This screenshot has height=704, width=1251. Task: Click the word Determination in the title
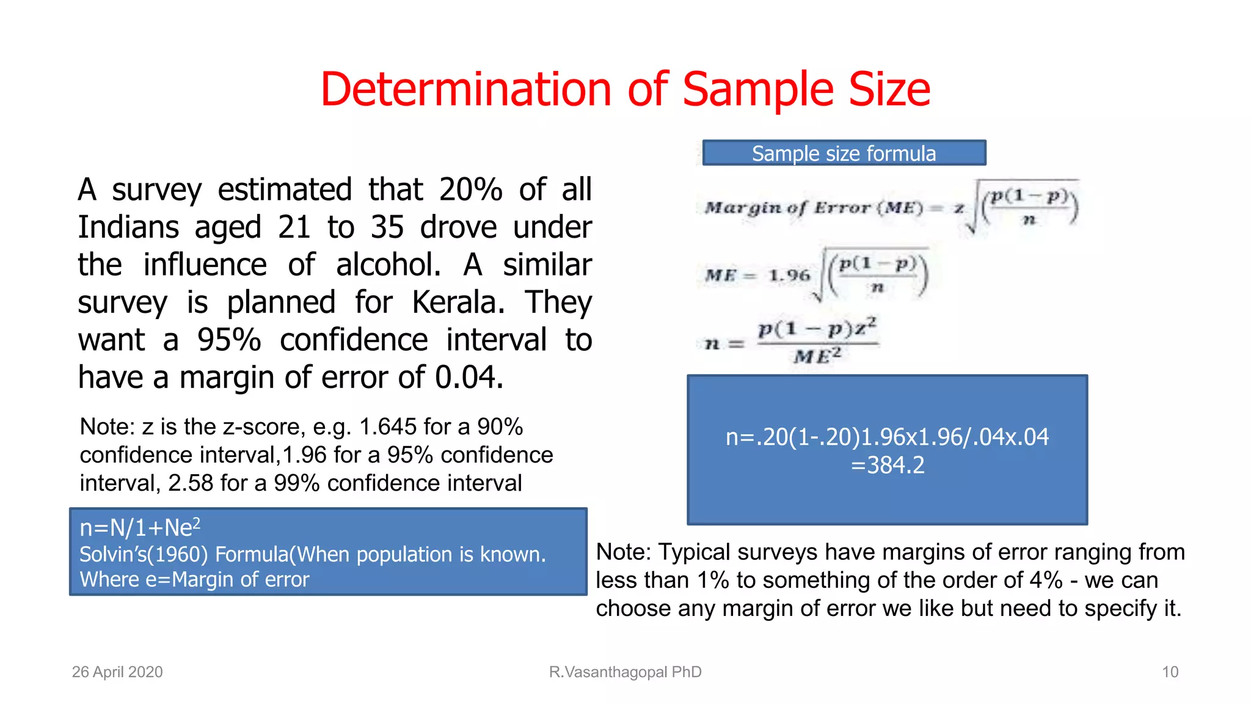point(465,90)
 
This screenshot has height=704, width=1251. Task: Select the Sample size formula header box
point(844,153)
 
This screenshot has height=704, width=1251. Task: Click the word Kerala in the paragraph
point(457,302)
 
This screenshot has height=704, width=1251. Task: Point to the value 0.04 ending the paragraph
point(468,377)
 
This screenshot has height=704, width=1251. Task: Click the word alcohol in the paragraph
point(387,265)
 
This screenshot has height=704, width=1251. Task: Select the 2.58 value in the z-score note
point(191,483)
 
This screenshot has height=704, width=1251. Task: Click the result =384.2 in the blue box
point(888,465)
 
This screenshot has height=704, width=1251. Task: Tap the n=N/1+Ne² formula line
point(140,527)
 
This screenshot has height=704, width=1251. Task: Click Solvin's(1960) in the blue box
point(144,554)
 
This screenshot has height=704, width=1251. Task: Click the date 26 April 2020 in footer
point(117,672)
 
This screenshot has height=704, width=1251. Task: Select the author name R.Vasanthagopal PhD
point(625,672)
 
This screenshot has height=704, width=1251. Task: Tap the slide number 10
point(1169,672)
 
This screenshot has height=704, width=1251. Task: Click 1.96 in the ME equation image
point(789,276)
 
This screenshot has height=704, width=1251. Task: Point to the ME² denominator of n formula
point(817,355)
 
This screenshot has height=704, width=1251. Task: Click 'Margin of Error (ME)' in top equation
point(813,208)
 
